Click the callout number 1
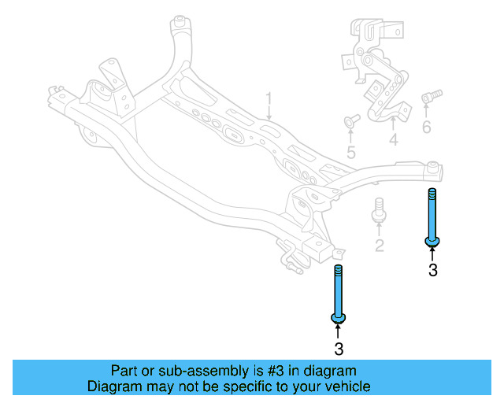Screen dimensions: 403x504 [268, 101]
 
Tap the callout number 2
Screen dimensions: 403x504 [379, 246]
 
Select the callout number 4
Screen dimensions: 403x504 [393, 141]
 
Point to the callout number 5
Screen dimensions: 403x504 [350, 153]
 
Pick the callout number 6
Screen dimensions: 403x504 [426, 128]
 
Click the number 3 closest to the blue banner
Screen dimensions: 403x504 [339, 348]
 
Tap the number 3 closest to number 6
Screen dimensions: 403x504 [432, 271]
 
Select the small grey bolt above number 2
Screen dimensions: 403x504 [378, 209]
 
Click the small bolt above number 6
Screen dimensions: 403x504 [431, 98]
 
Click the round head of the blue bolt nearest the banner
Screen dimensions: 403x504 [339, 317]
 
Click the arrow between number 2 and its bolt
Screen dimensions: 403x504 [379, 229]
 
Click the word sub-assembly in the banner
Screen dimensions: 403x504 [181, 371]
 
